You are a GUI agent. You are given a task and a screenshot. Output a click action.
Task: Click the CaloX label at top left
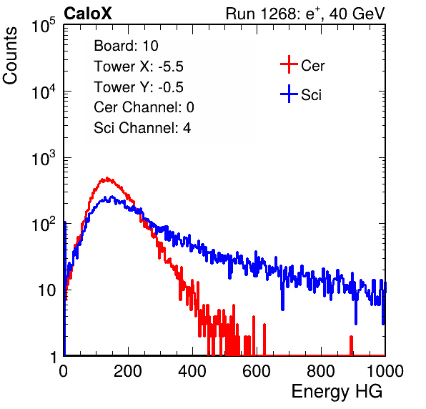88,14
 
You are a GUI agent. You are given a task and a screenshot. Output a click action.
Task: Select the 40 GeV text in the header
357,14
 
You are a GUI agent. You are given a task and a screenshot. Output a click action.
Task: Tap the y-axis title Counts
10,56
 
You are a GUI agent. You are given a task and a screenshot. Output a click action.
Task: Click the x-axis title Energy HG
337,392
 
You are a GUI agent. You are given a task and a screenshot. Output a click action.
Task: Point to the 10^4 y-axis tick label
43,92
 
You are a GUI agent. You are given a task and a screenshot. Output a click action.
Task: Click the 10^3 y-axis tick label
43,158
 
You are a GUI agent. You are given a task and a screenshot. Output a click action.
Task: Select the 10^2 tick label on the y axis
43,225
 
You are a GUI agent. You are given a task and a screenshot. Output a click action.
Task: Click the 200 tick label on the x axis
128,371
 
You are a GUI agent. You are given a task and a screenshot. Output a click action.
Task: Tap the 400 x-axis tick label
192,371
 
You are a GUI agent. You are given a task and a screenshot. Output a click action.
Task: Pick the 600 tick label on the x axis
257,371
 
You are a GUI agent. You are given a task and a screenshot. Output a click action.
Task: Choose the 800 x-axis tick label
321,371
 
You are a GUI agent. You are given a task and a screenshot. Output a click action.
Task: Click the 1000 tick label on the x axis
385,371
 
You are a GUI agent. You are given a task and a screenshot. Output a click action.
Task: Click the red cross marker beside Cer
289,64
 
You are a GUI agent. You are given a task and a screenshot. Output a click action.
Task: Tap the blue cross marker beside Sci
289,94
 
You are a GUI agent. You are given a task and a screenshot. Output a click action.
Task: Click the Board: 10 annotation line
126,46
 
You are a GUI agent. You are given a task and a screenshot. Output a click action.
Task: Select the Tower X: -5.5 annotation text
139,66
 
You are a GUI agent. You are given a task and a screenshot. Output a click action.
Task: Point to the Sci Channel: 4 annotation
142,128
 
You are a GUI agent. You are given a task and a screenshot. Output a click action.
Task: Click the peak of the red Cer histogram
107,178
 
